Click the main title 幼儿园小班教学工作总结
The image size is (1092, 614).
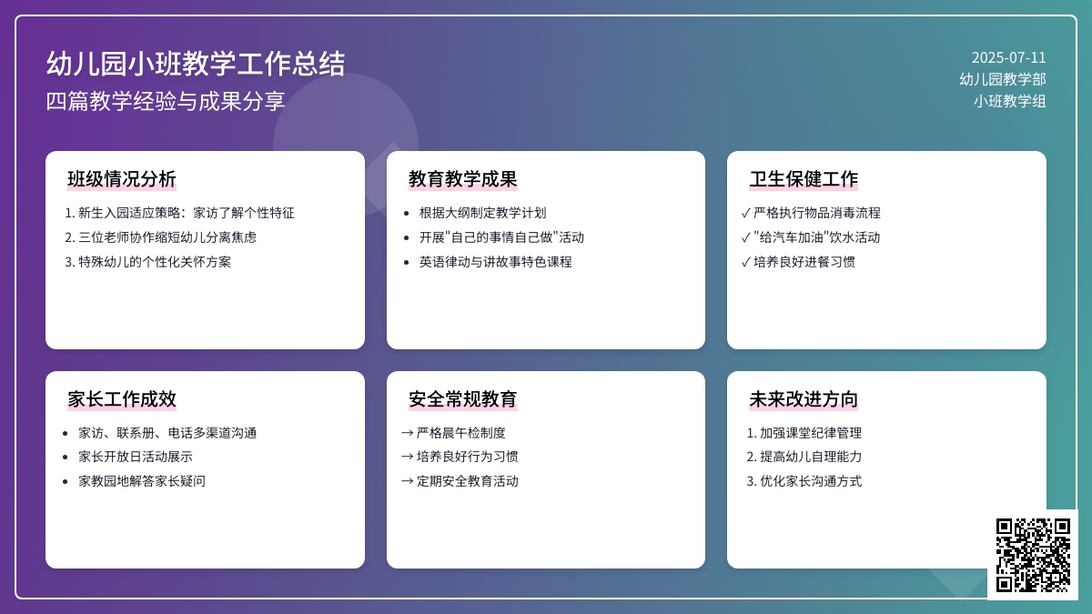point(196,64)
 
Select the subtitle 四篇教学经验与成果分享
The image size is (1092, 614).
point(166,101)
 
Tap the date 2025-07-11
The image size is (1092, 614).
point(1008,58)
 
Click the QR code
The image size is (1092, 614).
point(1033,555)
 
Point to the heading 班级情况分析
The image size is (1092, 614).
point(122,179)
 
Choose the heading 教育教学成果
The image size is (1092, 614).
point(462,179)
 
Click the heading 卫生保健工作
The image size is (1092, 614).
point(804,179)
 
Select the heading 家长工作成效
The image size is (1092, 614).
point(122,399)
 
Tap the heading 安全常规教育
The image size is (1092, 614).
point(462,399)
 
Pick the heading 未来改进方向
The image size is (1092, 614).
point(804,399)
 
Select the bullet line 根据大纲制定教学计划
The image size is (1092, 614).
point(482,213)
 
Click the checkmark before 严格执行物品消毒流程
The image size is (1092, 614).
point(745,213)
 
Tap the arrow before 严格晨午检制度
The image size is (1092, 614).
point(408,433)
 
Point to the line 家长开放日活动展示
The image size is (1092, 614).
point(136,457)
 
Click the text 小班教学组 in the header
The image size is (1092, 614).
point(1010,101)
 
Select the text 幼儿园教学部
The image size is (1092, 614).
point(1003,79)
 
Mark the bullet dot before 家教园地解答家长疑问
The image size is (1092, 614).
point(66,482)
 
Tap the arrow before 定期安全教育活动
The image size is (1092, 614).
point(408,481)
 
